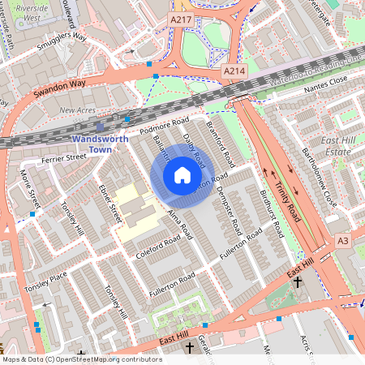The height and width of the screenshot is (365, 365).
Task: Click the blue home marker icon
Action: (182, 175)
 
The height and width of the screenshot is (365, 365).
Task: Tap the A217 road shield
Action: (181, 17)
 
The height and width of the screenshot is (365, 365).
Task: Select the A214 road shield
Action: (234, 72)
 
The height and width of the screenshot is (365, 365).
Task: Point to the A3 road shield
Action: (343, 242)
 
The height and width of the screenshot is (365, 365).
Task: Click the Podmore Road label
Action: (159, 128)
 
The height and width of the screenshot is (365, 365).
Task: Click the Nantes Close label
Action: (327, 79)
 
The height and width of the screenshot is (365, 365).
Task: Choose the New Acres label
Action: (77, 109)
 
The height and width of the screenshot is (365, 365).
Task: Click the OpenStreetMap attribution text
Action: (81, 359)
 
